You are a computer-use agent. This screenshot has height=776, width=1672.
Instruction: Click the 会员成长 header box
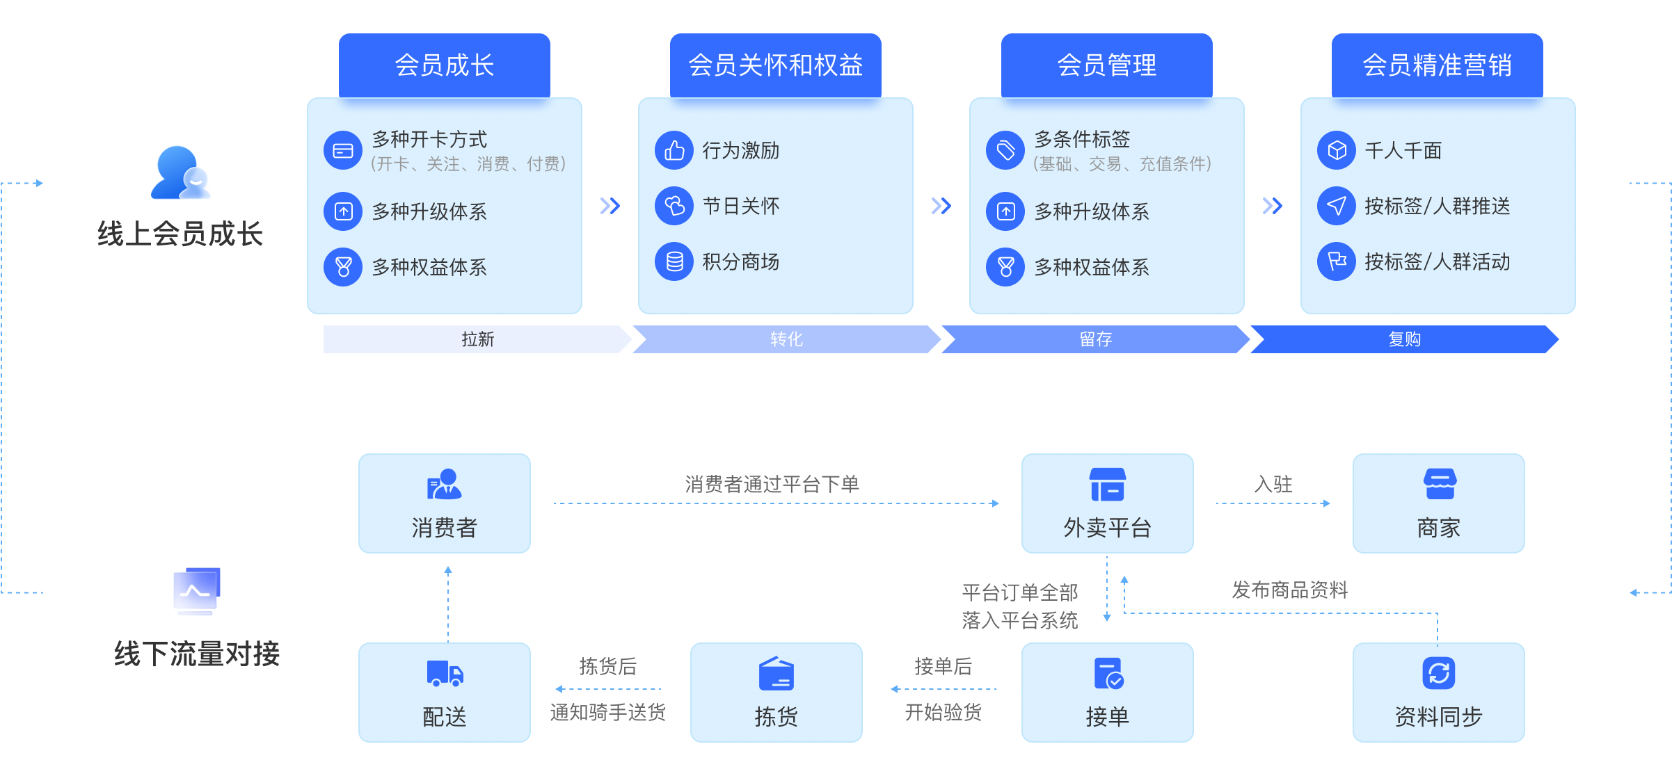[x=444, y=65]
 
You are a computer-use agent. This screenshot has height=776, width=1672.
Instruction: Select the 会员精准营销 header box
[x=1437, y=65]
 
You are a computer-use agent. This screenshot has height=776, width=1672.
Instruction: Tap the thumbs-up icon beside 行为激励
[x=674, y=150]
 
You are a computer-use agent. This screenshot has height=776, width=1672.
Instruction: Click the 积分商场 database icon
[x=674, y=261]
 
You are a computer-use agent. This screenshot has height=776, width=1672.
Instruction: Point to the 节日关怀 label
[x=740, y=206]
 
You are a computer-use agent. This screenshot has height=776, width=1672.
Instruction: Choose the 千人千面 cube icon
[x=1337, y=150]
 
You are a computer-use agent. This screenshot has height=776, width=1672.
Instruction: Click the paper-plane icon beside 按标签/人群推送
[x=1337, y=206]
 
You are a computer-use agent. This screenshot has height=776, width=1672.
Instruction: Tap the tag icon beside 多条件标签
[x=1005, y=150]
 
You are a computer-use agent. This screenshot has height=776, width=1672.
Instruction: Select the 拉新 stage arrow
[x=477, y=339]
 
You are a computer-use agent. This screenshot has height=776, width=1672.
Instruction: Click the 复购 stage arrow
[x=1404, y=339]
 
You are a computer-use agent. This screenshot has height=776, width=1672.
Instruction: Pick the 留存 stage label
[x=1095, y=339]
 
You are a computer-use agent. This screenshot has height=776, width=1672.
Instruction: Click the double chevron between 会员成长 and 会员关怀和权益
[x=610, y=206]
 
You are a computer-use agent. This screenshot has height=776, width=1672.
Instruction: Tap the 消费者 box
[x=445, y=503]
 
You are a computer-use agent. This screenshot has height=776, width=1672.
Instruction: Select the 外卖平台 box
[x=1107, y=503]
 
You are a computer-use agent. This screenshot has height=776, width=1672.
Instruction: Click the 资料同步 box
[x=1438, y=693]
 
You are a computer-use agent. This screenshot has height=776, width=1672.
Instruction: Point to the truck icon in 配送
[x=445, y=673]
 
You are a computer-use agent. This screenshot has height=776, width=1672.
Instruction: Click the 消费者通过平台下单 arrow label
[x=772, y=484]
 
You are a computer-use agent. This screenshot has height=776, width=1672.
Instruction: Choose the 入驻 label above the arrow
[x=1273, y=484]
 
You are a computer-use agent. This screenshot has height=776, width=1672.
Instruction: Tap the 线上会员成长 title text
[x=180, y=234]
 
